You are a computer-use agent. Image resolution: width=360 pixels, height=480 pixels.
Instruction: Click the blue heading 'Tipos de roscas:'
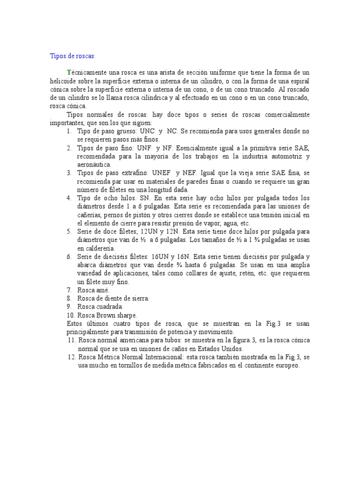coord(73,56)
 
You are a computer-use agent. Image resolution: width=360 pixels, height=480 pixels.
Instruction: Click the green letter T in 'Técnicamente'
coord(69,73)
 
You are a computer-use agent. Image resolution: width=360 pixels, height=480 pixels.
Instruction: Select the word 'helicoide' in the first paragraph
coord(63,81)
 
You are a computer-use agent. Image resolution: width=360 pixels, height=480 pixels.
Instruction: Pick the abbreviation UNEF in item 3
coord(162,173)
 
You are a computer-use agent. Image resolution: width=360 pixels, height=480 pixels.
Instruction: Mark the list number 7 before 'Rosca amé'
coord(68,291)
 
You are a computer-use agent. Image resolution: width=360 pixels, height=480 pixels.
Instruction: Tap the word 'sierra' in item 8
coord(139,299)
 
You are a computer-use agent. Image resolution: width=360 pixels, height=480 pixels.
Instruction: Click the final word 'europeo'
coord(285,366)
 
